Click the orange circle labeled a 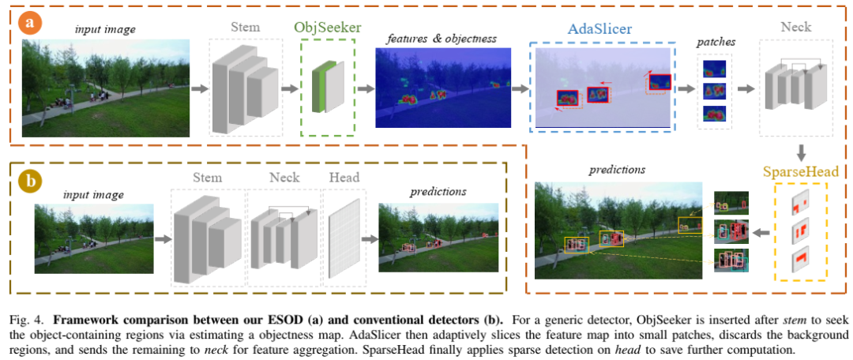(31, 22)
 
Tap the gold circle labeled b (31, 181)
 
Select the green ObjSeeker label (328, 28)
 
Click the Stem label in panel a (245, 28)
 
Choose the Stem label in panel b (208, 177)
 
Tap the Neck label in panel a (795, 28)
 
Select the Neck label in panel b (285, 177)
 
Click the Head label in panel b (344, 177)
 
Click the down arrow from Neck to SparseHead (800, 151)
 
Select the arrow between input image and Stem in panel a (199, 88)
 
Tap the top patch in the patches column (714, 68)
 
